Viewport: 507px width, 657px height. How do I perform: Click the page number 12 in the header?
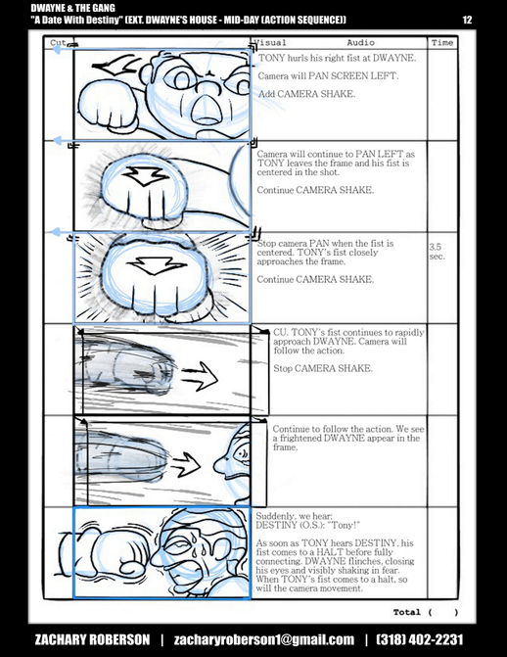[x=467, y=20]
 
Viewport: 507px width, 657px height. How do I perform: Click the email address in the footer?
[x=264, y=639]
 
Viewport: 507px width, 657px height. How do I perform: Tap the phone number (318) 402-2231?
[x=420, y=639]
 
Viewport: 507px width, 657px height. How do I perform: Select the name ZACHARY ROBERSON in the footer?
[x=92, y=639]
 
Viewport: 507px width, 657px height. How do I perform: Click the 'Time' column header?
[x=442, y=43]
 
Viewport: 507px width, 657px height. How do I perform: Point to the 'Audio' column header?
[x=360, y=43]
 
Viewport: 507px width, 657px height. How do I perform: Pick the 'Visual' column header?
[x=270, y=43]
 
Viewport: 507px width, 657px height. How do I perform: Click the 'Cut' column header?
[x=58, y=43]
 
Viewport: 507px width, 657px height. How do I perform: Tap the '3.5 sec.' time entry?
[x=436, y=252]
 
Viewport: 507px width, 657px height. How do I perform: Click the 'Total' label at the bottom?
[x=406, y=612]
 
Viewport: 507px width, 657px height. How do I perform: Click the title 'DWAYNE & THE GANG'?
[x=72, y=8]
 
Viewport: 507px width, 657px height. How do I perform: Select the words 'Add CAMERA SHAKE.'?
[x=306, y=94]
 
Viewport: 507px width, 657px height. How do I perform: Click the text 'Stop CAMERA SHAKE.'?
[x=323, y=368]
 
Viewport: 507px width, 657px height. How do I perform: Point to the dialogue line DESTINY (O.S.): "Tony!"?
[x=308, y=525]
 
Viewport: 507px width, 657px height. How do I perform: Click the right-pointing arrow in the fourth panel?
[x=200, y=376]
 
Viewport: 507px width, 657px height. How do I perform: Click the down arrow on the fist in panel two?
[x=145, y=176]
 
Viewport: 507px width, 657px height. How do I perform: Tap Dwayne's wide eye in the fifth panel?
[x=243, y=453]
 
